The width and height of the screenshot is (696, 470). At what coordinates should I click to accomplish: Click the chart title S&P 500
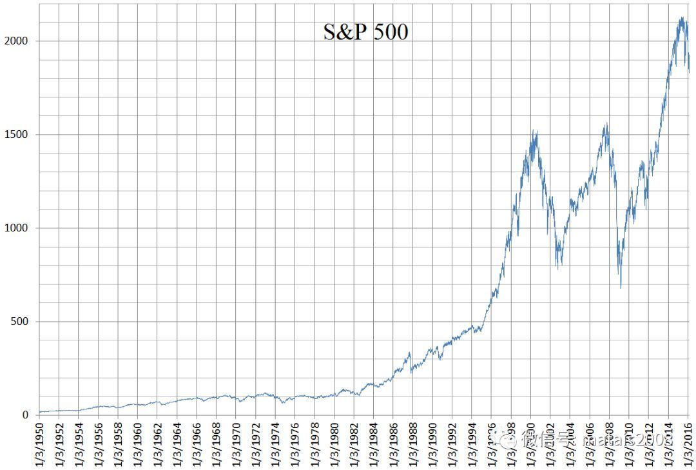[x=365, y=32]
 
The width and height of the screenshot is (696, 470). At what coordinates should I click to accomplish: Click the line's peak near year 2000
[x=534, y=130]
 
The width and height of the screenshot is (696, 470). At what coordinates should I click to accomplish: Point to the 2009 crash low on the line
[x=621, y=288]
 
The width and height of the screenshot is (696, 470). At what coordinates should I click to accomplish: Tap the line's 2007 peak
[x=606, y=123]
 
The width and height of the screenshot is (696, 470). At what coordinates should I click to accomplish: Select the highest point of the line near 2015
[x=682, y=17]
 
